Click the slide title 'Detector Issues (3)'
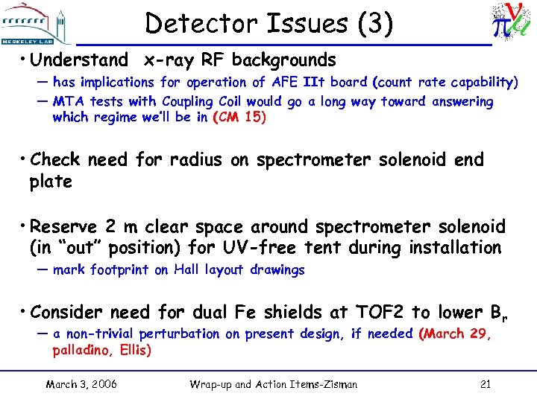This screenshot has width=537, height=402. pos(268,24)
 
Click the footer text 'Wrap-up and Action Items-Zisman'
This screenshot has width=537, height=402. pos(274,384)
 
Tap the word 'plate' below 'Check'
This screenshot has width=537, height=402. pos(51,181)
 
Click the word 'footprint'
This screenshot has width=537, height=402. pos(120,269)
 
